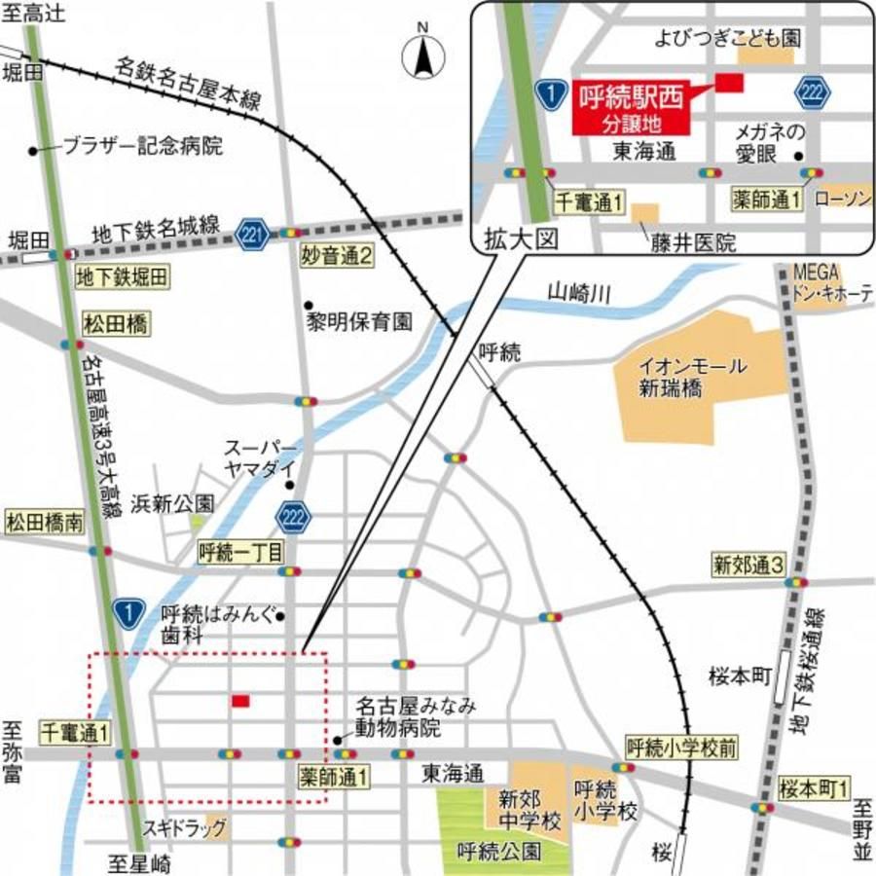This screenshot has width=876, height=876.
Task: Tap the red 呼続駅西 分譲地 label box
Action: tap(632, 108)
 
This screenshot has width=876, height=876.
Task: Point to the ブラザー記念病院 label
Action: tap(142, 148)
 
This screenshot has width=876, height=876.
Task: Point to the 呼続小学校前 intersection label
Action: tap(681, 748)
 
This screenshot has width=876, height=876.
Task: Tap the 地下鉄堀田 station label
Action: tap(122, 277)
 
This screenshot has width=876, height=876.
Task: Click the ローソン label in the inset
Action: tap(843, 199)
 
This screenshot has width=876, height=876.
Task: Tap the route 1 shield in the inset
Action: tap(551, 93)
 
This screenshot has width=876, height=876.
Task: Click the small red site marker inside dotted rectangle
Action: tap(240, 701)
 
